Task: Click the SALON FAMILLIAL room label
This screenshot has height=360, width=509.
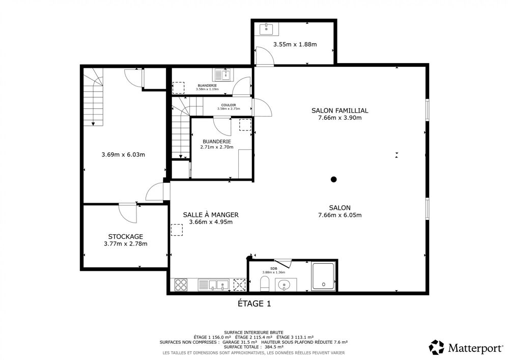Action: (340, 110)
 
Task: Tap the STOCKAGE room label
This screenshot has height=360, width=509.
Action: (125, 236)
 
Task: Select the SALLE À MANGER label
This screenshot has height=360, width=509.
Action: (211, 215)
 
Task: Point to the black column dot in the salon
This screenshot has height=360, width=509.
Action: (333, 179)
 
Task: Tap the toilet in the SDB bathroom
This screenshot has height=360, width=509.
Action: (265, 284)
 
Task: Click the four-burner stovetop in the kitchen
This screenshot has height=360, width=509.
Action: (181, 285)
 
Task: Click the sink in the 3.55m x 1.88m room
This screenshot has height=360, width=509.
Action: (266, 29)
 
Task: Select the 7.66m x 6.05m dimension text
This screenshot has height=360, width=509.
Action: (340, 215)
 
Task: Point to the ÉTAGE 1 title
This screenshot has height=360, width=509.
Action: (254, 303)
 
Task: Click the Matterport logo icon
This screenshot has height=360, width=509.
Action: (437, 348)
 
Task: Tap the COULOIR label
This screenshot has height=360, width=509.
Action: (229, 105)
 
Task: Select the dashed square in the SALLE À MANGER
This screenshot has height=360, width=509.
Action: (177, 230)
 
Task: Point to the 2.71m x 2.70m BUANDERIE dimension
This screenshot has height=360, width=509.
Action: (217, 147)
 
